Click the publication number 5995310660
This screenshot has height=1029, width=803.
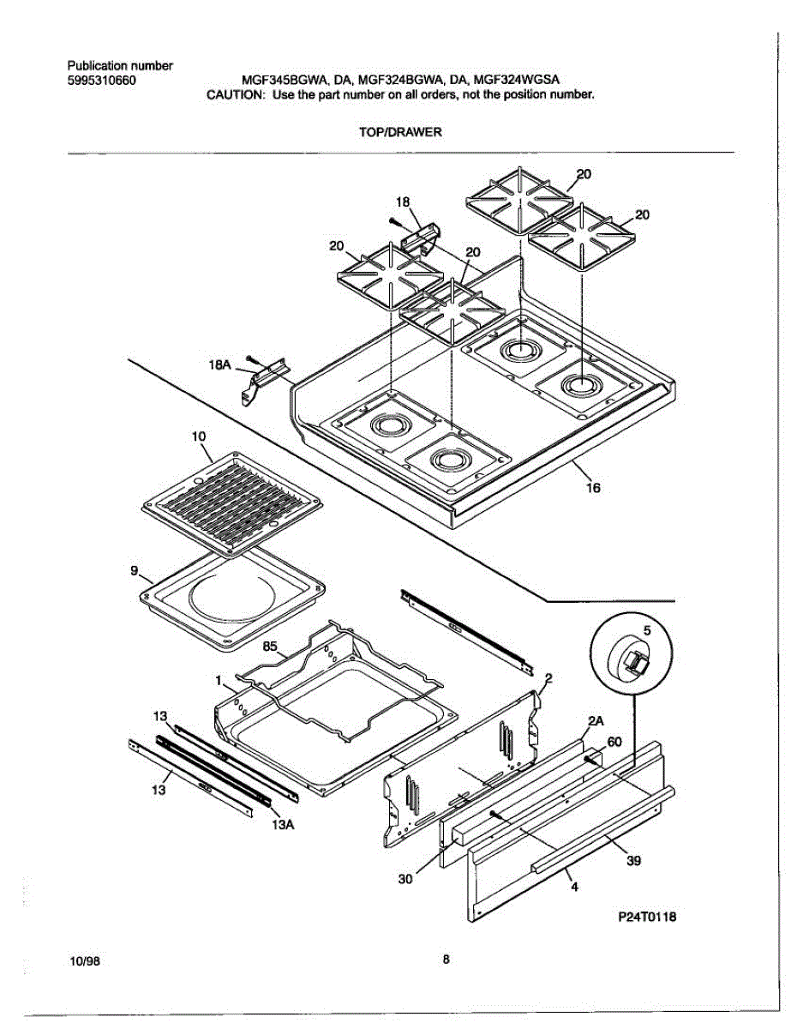coord(101,81)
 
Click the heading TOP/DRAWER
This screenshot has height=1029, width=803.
coord(401,132)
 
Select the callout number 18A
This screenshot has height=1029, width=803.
coord(220,364)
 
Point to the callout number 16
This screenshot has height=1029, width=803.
coord(593,488)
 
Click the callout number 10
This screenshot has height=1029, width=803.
coord(199,436)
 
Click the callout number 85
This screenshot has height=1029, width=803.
coord(270,647)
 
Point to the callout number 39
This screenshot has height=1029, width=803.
coord(633,862)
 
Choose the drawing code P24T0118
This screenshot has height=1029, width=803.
coord(647,917)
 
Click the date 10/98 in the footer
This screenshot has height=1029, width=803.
coord(85,960)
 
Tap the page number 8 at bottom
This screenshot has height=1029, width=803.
coord(446,960)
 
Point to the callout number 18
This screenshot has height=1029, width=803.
coord(402,202)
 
